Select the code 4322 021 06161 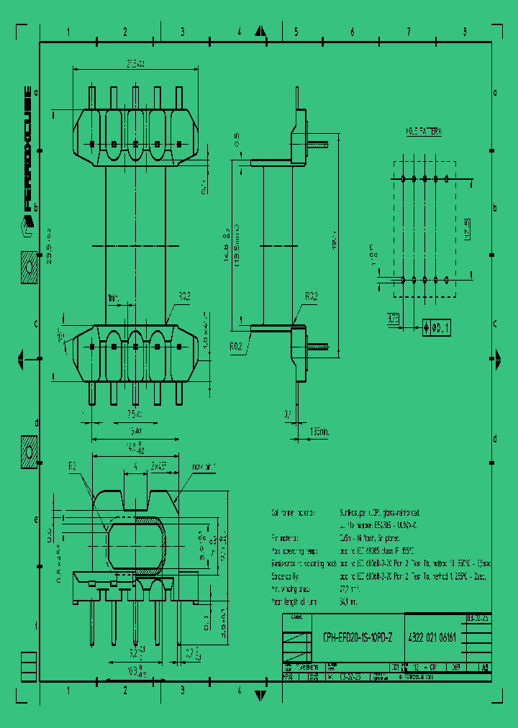[432, 638]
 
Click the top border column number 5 [296, 32]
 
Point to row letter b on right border [495, 207]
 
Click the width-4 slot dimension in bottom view [135, 465]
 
